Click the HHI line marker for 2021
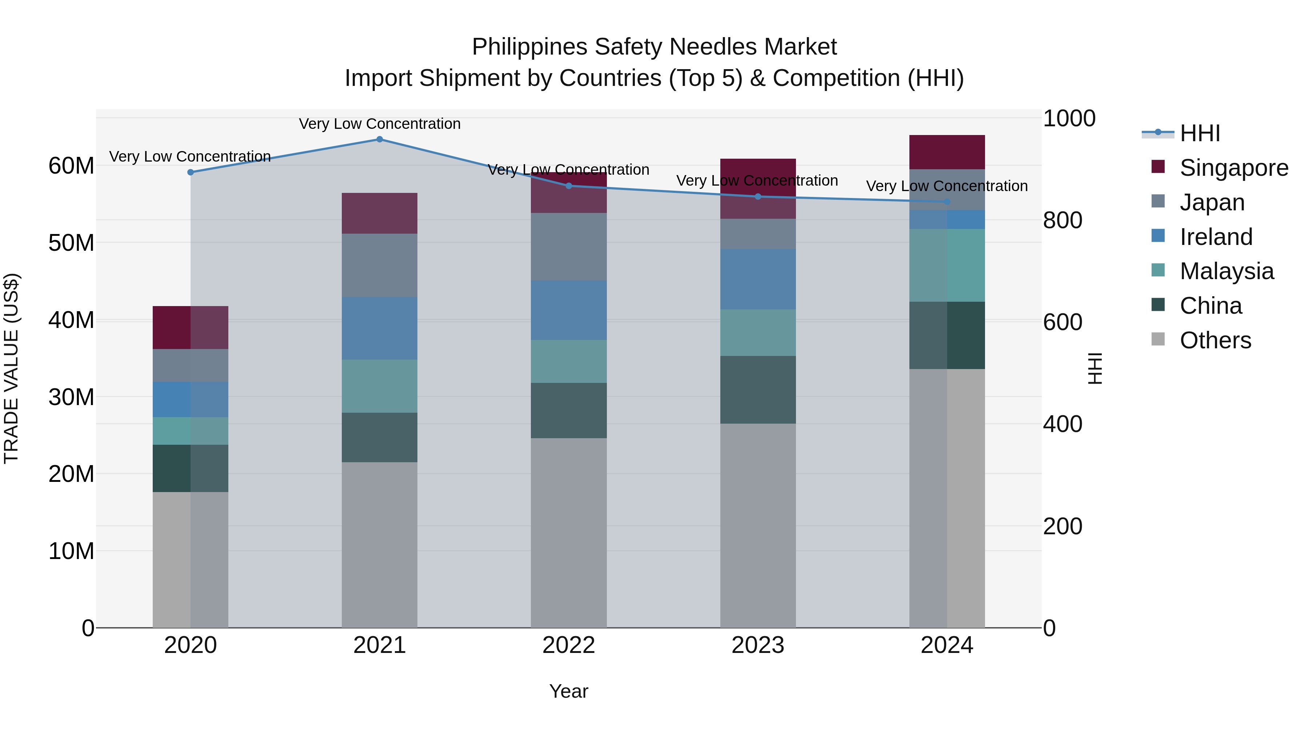[380, 139]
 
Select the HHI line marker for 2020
[191, 173]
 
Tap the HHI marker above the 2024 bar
[947, 202]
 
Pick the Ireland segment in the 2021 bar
[380, 328]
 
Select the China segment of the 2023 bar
[758, 389]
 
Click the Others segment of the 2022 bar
[569, 532]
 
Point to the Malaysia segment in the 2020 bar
[191, 431]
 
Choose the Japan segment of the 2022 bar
[569, 247]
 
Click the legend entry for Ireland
[1216, 237]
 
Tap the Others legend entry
[1214, 340]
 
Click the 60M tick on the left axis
[71, 166]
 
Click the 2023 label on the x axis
[758, 645]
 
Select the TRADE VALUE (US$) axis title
[12, 368]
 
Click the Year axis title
[569, 691]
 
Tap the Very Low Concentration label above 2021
[380, 124]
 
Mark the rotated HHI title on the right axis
[1096, 368]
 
